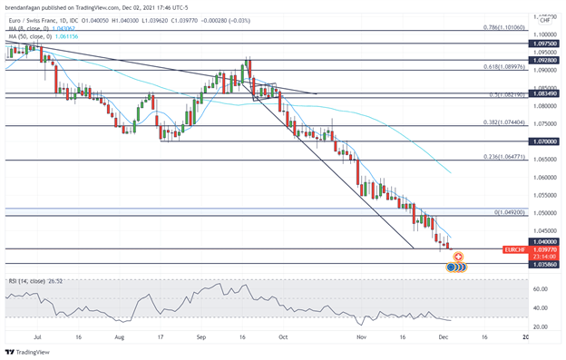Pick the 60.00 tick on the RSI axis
[541, 289]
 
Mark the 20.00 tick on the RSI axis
[541, 326]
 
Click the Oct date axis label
[281, 336]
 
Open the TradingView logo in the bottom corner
[27, 351]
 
